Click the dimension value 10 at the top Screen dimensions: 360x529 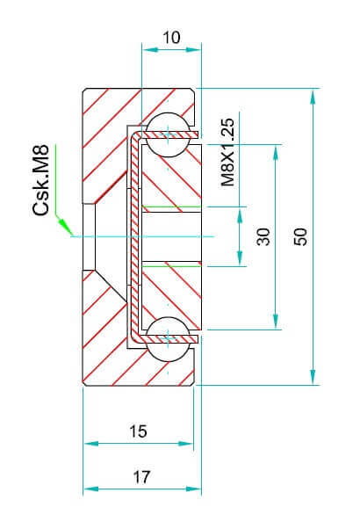tap(171, 37)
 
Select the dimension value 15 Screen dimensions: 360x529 tap(138, 431)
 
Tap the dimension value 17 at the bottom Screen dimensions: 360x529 tap(140, 477)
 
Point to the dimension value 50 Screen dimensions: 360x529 tap(300, 236)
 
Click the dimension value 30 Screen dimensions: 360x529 tap(263, 236)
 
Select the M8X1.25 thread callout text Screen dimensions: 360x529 tap(227, 152)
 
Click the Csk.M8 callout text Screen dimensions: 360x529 tap(40, 180)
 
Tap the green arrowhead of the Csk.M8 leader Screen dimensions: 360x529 tap(65, 226)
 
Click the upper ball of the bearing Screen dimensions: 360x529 tap(168, 134)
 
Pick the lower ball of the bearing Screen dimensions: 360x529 tap(168, 339)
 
